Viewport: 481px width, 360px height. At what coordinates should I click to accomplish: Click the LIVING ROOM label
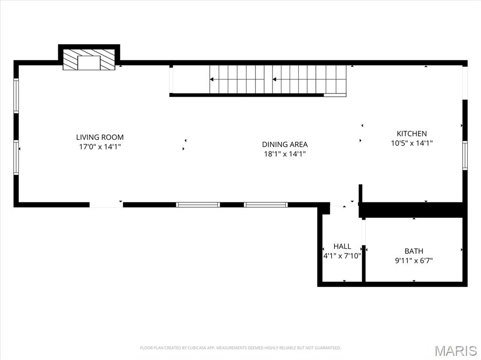[100, 137]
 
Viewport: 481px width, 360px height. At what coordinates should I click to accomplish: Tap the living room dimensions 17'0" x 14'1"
[100, 146]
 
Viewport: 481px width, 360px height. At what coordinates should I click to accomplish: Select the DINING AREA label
[285, 144]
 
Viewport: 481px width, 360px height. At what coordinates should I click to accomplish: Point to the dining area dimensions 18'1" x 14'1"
[285, 153]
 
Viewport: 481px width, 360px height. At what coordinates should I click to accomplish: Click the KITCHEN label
[411, 133]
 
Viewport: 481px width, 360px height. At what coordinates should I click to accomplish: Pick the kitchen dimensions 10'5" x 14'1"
[411, 143]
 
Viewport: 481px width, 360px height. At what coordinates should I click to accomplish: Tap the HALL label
[342, 246]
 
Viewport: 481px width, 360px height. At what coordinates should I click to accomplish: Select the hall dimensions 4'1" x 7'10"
[342, 256]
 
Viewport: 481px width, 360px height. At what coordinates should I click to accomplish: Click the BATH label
[414, 251]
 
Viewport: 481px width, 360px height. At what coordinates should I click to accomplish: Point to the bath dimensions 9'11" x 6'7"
[414, 260]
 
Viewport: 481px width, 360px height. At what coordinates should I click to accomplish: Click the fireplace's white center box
[89, 63]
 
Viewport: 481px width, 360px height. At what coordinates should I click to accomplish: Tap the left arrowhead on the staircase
[212, 79]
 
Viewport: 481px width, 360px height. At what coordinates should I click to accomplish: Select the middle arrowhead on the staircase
[274, 79]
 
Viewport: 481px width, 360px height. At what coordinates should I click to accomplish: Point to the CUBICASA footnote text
[240, 348]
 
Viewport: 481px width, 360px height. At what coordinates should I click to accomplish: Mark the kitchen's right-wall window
[465, 155]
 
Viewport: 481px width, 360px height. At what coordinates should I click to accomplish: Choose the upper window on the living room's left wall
[16, 96]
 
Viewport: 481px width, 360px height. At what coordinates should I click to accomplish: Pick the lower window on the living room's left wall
[16, 158]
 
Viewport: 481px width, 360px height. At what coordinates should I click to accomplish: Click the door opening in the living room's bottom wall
[106, 205]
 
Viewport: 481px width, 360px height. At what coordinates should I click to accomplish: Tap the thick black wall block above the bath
[413, 210]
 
